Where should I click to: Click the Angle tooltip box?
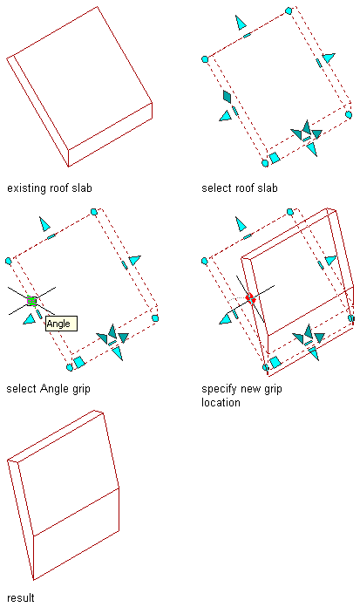62,324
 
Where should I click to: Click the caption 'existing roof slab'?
50,188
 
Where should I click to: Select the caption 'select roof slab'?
240,188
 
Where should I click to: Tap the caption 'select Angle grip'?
49,389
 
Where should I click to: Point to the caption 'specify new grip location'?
241,396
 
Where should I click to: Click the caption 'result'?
21,597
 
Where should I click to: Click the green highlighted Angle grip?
32,301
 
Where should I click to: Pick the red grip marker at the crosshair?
250,298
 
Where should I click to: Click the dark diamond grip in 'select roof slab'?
228,97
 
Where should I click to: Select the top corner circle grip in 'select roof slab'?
289,10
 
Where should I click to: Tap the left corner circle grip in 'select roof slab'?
205,59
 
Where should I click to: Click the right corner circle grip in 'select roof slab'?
349,114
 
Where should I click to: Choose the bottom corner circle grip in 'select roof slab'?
265,163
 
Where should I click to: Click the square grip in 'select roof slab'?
275,158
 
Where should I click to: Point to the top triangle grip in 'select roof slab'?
241,23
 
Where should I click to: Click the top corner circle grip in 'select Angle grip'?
93,212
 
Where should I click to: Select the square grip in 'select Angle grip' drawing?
79,362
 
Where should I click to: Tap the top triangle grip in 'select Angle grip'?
45,224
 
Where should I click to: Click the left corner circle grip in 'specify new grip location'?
205,262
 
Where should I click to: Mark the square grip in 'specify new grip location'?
275,362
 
